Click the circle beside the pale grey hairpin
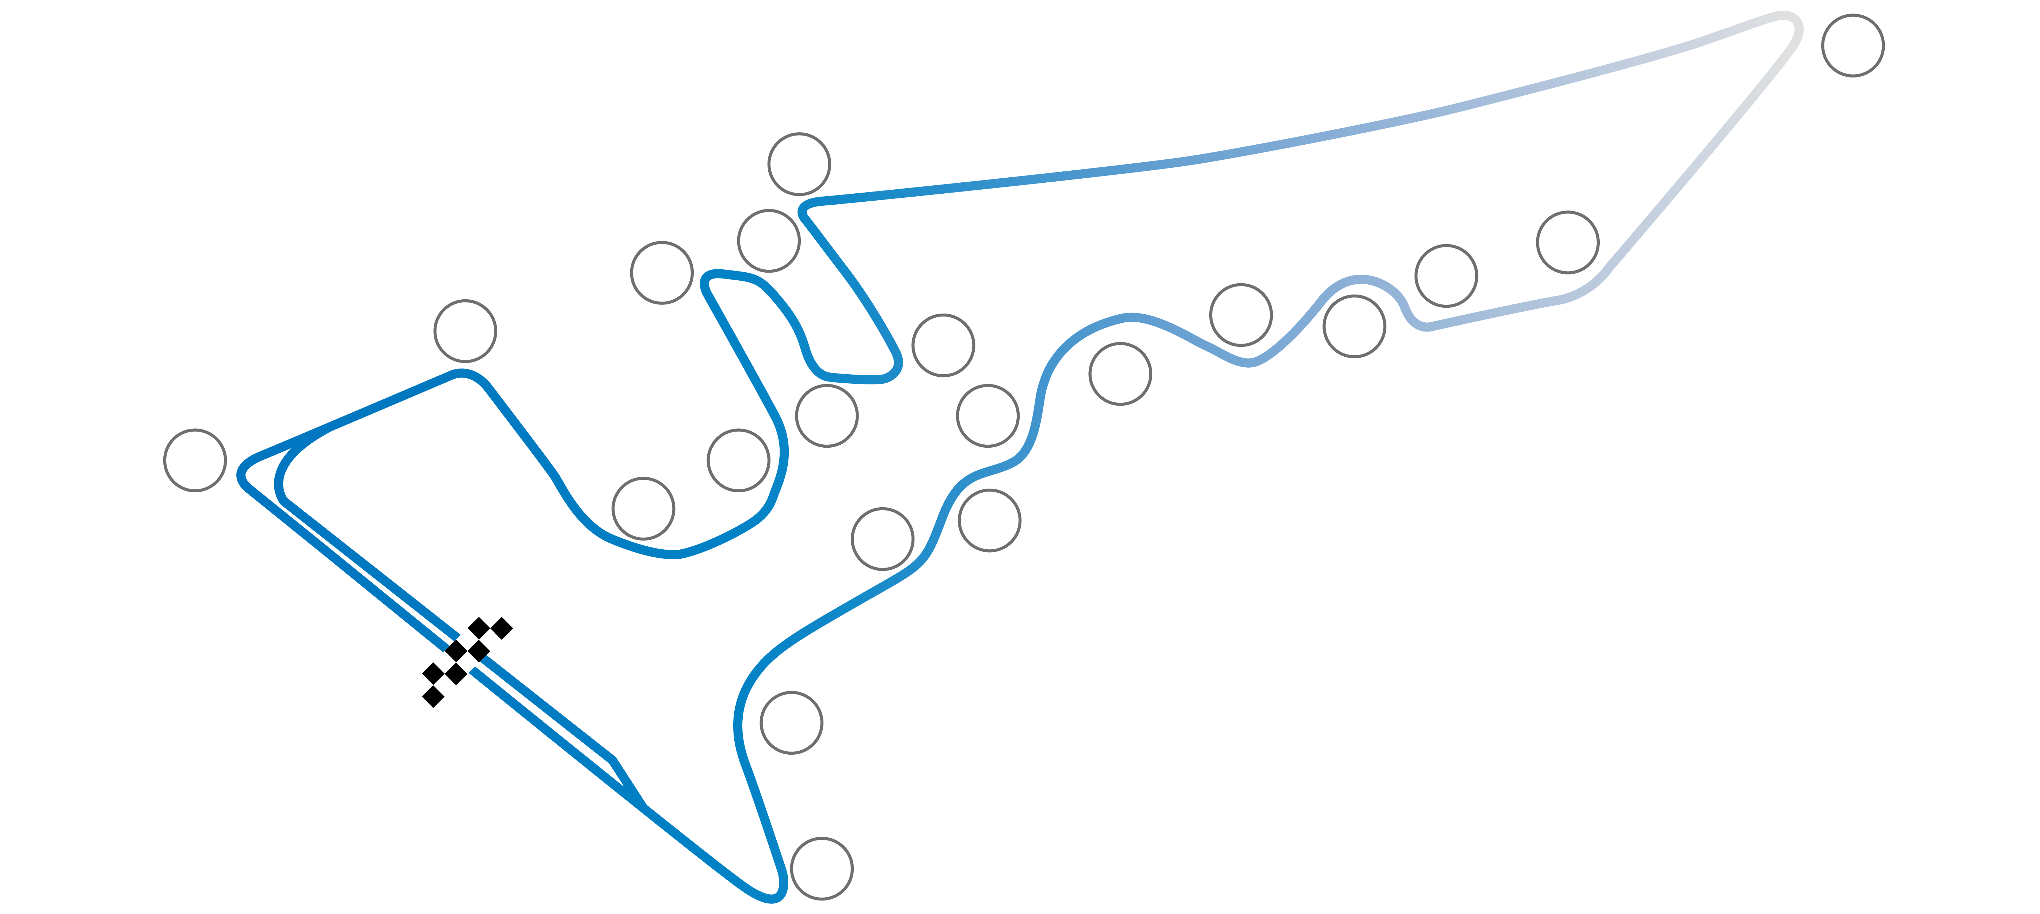click(x=1852, y=45)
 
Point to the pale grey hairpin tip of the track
click(x=1794, y=24)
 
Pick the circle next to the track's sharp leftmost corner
click(x=195, y=460)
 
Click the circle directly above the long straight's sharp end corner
click(x=799, y=164)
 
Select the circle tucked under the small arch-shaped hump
click(x=1354, y=326)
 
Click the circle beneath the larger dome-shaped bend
click(x=1120, y=374)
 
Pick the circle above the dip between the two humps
click(x=1241, y=314)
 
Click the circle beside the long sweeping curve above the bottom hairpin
click(x=791, y=723)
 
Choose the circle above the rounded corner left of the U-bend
click(x=465, y=331)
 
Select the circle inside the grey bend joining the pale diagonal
click(x=1567, y=242)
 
